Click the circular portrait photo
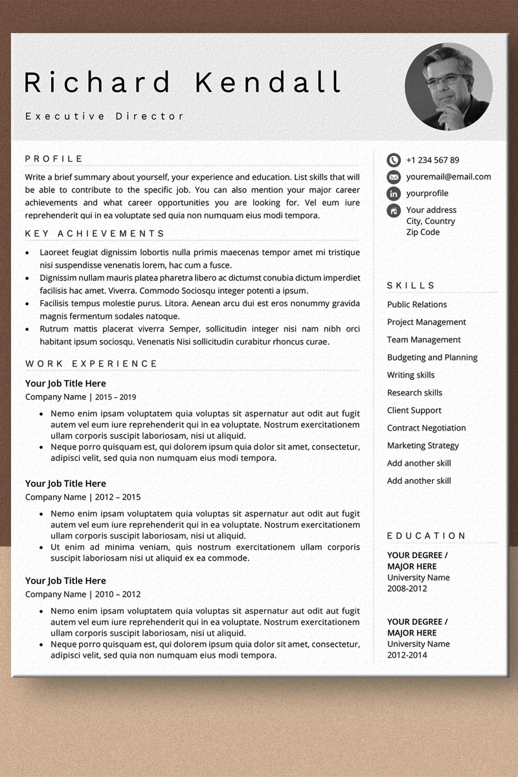pyautogui.click(x=449, y=87)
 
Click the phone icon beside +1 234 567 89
pyautogui.click(x=394, y=160)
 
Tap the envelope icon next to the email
pyautogui.click(x=394, y=177)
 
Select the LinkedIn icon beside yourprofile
pyautogui.click(x=394, y=194)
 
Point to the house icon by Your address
pyautogui.click(x=394, y=210)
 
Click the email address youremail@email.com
pyautogui.click(x=448, y=177)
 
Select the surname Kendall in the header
pyautogui.click(x=268, y=83)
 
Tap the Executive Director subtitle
pyautogui.click(x=105, y=117)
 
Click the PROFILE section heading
pyautogui.click(x=54, y=159)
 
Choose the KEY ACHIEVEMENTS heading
pyautogui.click(x=95, y=234)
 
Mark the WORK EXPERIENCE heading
pyautogui.click(x=91, y=364)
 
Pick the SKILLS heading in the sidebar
pyautogui.click(x=411, y=286)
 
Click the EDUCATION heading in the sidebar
pyautogui.click(x=427, y=535)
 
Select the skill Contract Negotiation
pyautogui.click(x=426, y=428)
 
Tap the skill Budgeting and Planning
pyautogui.click(x=432, y=357)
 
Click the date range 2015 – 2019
pyautogui.click(x=116, y=397)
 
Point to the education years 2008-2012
pyautogui.click(x=407, y=589)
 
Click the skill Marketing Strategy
pyautogui.click(x=423, y=445)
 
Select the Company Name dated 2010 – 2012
pyautogui.click(x=56, y=594)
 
